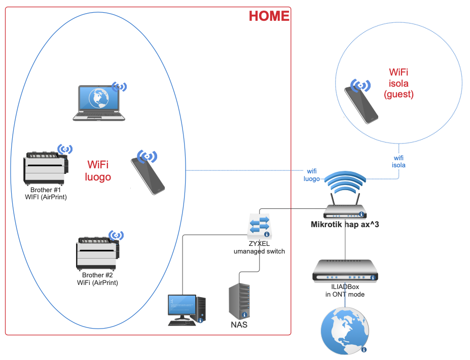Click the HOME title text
click(x=269, y=16)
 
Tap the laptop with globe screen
click(x=99, y=103)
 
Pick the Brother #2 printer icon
click(x=98, y=253)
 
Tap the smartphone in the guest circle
click(x=361, y=102)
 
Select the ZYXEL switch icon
click(x=259, y=226)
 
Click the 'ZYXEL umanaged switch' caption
click(x=259, y=247)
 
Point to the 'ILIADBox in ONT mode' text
click(x=345, y=291)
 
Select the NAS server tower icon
click(x=239, y=301)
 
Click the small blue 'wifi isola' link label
click(x=400, y=162)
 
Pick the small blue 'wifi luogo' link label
click(x=311, y=175)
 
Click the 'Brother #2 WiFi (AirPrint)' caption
click(x=97, y=279)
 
